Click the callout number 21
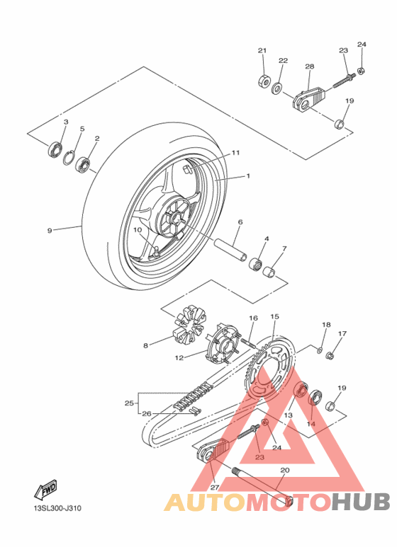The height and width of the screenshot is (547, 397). [262, 50]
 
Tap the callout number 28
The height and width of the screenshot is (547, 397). [310, 67]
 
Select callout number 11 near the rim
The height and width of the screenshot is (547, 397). [236, 153]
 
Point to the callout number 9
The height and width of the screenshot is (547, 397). [50, 230]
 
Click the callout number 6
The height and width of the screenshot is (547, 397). [240, 222]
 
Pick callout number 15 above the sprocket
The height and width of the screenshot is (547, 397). [274, 316]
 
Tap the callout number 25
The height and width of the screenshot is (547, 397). [129, 403]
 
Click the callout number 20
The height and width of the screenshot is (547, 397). [285, 470]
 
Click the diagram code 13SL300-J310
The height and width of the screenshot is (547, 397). [57, 508]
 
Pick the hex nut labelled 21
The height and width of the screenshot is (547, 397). [264, 81]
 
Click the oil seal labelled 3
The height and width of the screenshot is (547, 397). [54, 149]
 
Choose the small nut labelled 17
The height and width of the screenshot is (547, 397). [329, 356]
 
